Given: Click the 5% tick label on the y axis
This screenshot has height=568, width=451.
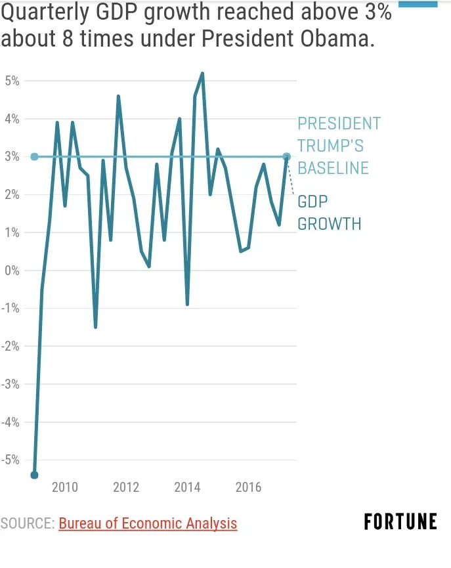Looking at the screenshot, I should click(12, 81).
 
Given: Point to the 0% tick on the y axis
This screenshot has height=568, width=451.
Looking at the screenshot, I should click(12, 271).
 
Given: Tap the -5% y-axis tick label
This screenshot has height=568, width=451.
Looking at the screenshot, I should click(11, 460).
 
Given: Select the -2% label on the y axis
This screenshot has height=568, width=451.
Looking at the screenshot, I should click(11, 346).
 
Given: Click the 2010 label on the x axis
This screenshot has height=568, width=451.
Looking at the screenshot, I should click(65, 487).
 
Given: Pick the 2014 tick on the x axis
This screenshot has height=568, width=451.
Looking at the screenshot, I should click(187, 487).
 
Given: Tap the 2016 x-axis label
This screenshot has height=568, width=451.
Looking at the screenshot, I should click(248, 487).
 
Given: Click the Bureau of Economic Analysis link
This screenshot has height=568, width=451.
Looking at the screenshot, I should click(148, 523).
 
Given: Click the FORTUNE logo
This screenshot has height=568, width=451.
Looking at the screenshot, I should click(400, 522).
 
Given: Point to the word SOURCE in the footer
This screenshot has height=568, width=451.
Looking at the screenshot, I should click(27, 523).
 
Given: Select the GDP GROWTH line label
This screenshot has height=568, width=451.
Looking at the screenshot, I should click(329, 212).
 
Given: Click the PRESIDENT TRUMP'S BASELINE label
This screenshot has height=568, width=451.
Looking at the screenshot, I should click(339, 146).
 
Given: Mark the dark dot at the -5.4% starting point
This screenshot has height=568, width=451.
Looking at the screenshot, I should click(34, 475).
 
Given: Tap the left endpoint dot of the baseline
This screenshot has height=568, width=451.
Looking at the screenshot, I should click(34, 157).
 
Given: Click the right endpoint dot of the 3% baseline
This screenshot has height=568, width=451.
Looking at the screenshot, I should click(287, 157).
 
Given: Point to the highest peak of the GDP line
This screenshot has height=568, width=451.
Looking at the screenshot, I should click(202, 74).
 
